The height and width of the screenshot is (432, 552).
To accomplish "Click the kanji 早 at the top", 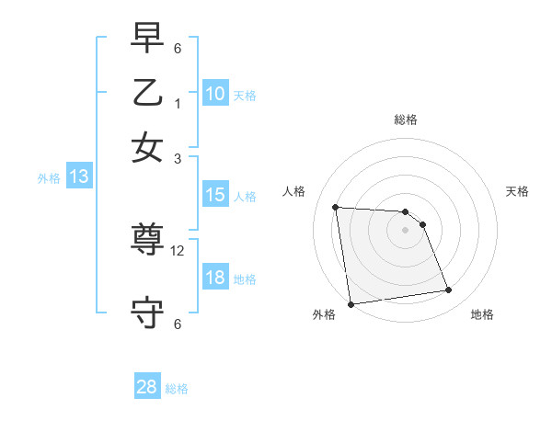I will pos(147,40).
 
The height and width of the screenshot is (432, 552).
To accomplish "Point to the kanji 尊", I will pos(147,240).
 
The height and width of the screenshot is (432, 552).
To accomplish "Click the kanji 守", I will pos(147,313).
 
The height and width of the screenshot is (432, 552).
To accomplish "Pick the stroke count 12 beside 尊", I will pos(178,250).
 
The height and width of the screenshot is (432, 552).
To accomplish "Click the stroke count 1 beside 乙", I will pos(178,103).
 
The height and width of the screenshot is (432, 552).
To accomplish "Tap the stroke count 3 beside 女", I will pos(178,158).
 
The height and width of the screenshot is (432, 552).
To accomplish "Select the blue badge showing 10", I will pos(215,94).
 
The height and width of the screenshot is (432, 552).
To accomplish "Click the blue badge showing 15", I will pos(215,195).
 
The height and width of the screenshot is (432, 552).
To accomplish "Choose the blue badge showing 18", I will pos(215,279).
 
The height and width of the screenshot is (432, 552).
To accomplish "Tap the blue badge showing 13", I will pos(79,177).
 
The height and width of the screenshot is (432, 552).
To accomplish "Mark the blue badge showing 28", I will pos(147,387).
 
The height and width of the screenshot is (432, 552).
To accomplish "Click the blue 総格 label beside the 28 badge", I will pos(177,389).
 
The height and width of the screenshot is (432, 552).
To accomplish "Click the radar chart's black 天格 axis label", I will pos(517,191).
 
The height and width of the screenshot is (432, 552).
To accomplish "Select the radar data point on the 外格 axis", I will pos(351,304).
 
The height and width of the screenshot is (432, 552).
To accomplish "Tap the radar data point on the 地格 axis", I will pos(448,290).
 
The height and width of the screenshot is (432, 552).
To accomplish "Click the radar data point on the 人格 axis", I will pos(336,207).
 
